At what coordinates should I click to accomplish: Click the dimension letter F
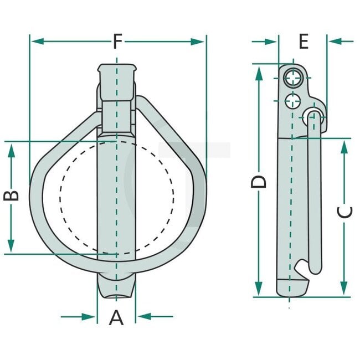(x=117, y=42)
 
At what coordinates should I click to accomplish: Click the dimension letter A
(x=116, y=317)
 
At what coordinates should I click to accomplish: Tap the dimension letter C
(x=344, y=213)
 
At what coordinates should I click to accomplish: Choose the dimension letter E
(x=303, y=42)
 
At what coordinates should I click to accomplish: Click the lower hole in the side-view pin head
(x=291, y=101)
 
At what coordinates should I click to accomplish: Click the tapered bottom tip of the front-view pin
(x=116, y=287)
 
